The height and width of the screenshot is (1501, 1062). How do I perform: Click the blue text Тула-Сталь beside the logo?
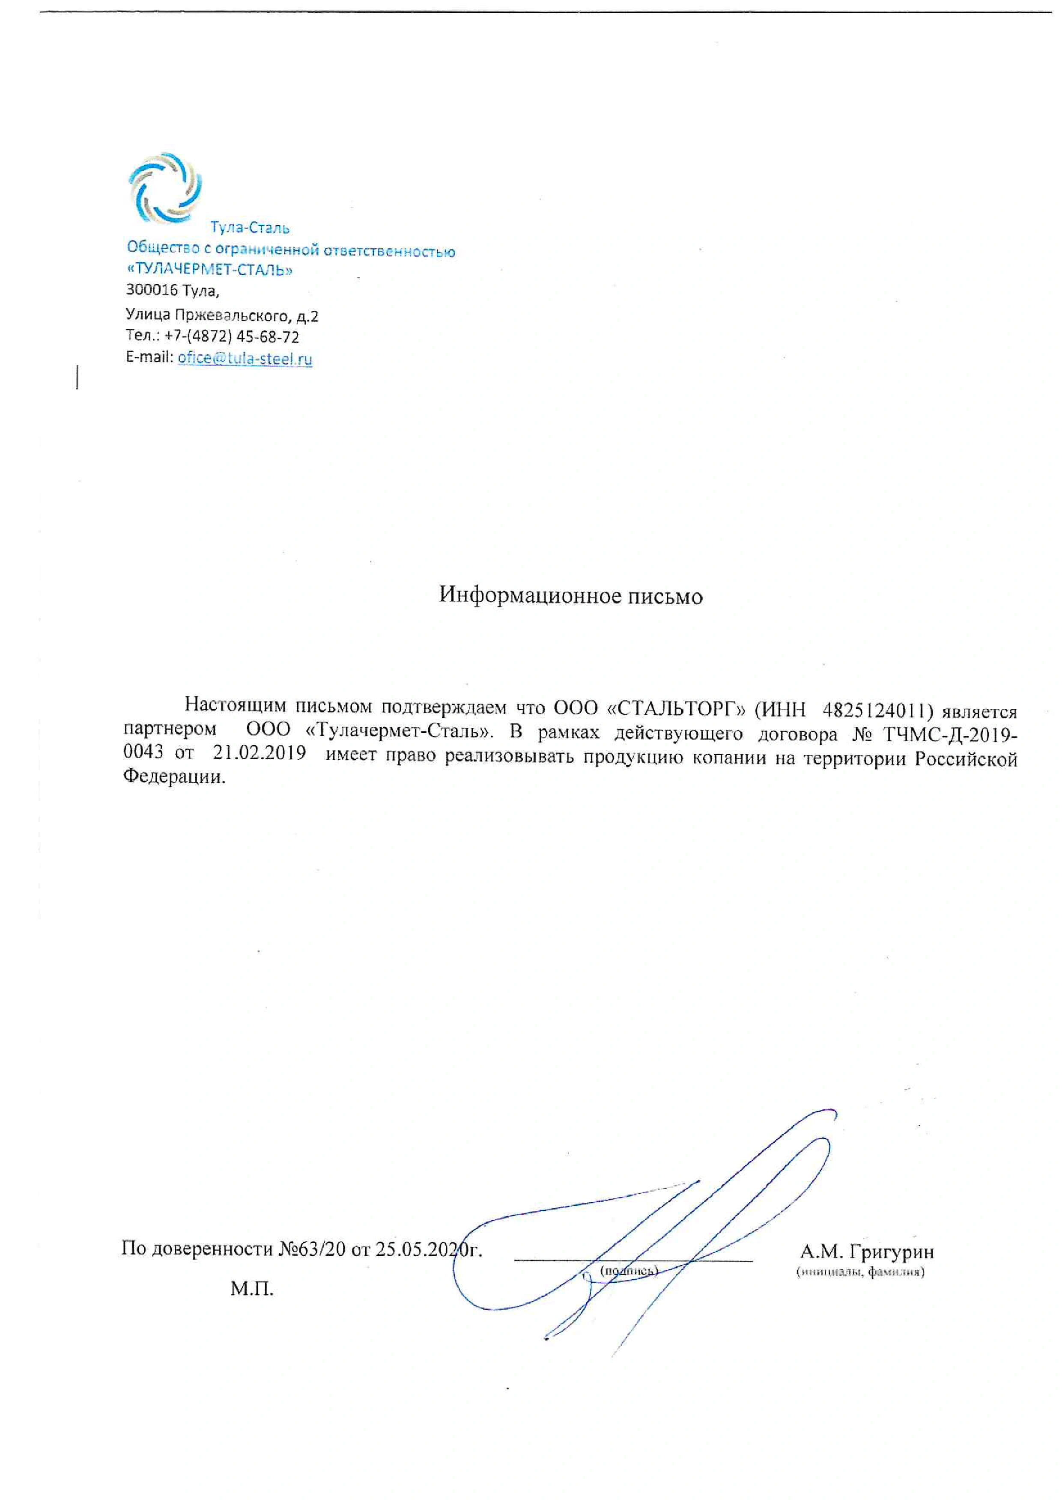249,228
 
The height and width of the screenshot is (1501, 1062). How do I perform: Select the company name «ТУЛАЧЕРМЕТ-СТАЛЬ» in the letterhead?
209,269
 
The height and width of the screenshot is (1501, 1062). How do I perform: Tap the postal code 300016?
152,290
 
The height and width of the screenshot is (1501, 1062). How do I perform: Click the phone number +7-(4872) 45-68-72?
232,337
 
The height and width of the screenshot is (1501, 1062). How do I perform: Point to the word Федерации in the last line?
174,777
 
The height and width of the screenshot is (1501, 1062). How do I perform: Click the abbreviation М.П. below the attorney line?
252,1289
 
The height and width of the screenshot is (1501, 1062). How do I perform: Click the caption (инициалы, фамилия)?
860,1272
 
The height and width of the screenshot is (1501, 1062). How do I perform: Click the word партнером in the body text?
170,729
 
